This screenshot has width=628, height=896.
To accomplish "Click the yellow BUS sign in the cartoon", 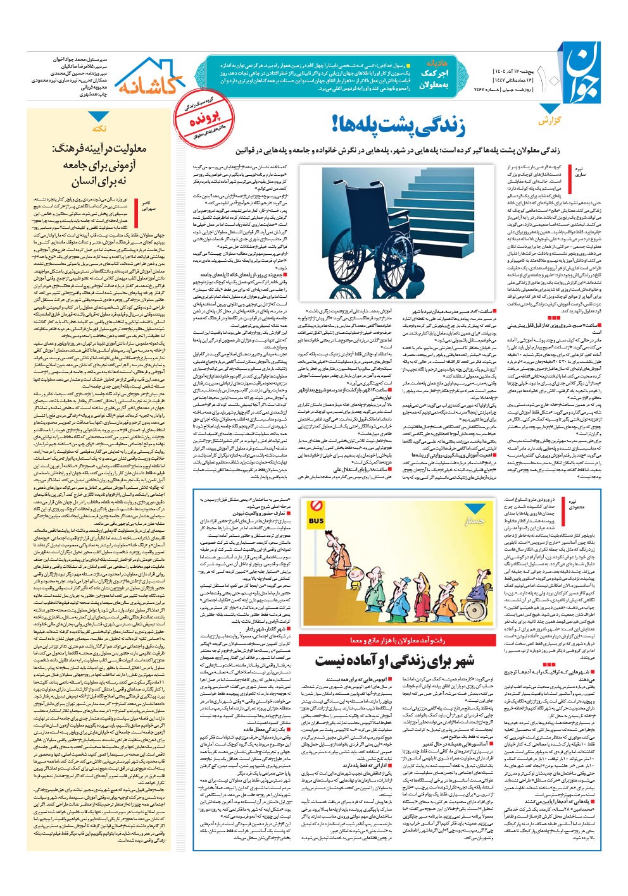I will (315, 520).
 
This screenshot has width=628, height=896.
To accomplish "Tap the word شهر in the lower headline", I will (455, 660).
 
